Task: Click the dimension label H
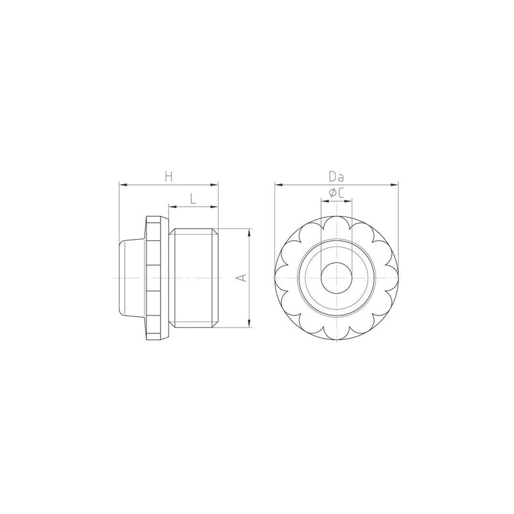(168, 177)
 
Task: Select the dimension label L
(193, 199)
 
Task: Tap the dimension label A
(242, 278)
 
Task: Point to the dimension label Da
(337, 177)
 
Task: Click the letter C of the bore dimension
(341, 193)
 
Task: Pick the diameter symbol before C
(332, 193)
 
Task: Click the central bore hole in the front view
(336, 278)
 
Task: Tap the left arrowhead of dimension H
(123, 185)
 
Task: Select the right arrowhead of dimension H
(214, 185)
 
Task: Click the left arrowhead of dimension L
(173, 206)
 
